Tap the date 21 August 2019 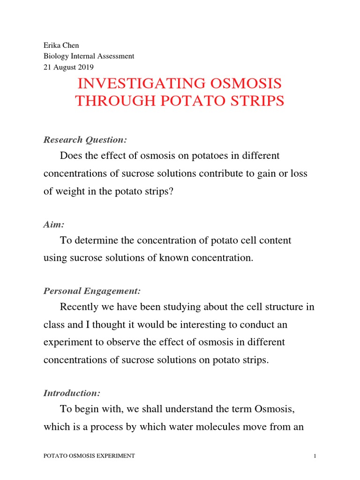coord(68,67)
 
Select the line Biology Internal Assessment coord(89,56)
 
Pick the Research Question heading coord(85,140)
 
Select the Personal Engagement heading coord(92,291)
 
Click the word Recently coord(81,307)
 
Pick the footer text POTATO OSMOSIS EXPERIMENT coord(89,456)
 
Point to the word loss coord(297,173)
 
